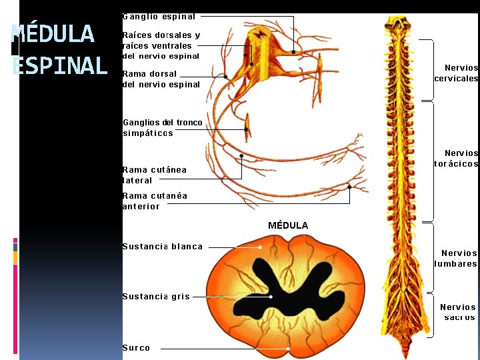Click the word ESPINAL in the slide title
pyautogui.click(x=60, y=65)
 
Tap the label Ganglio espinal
pyautogui.click(x=159, y=17)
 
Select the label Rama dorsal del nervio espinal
pyautogui.click(x=161, y=79)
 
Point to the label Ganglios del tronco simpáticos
pyautogui.click(x=163, y=127)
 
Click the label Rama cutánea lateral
pyautogui.click(x=154, y=175)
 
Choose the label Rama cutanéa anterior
pyautogui.click(x=155, y=201)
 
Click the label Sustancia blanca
pyautogui.click(x=162, y=247)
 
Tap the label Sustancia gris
pyautogui.click(x=156, y=297)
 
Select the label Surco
pyautogui.click(x=136, y=347)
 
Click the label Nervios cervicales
pyautogui.click(x=457, y=73)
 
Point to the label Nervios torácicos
pyautogui.click(x=457, y=159)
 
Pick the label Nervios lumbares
pyautogui.click(x=457, y=258)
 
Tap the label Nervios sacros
pyautogui.click(x=458, y=312)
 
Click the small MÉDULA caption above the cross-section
pyautogui.click(x=288, y=225)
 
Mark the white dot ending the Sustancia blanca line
pyautogui.click(x=261, y=247)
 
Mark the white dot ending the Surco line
pyautogui.click(x=288, y=347)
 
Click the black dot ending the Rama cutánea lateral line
pyautogui.click(x=241, y=156)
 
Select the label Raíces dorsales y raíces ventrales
pyautogui.click(x=161, y=45)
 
